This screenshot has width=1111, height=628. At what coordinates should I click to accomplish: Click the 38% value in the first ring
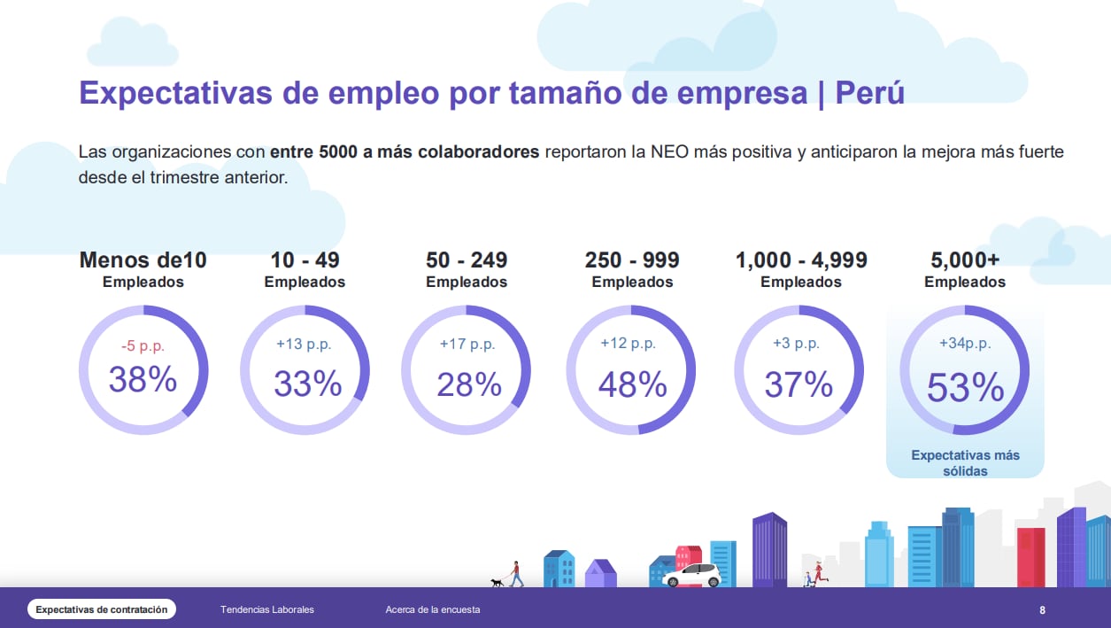(143, 380)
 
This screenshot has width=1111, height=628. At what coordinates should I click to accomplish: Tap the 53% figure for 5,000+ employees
(965, 388)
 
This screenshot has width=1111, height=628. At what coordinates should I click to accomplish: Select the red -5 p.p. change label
(143, 345)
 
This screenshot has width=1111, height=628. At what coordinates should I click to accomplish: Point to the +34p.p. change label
(965, 344)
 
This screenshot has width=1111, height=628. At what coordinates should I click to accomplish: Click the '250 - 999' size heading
(632, 260)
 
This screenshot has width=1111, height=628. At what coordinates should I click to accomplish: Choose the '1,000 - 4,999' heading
(801, 260)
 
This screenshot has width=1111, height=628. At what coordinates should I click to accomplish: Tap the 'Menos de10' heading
(143, 260)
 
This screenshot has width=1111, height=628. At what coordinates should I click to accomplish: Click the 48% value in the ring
(632, 384)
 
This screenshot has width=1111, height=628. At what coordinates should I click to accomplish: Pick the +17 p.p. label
(467, 344)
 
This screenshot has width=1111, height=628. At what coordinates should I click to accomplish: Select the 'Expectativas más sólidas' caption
(965, 463)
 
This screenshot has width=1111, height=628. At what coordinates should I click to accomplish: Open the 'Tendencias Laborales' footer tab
(267, 609)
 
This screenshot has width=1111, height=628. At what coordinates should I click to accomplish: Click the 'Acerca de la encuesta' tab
(433, 609)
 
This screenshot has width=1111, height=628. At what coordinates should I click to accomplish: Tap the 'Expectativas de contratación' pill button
(102, 609)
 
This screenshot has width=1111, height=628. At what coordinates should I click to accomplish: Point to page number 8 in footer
(1042, 610)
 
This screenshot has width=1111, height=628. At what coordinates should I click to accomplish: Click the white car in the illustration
(692, 576)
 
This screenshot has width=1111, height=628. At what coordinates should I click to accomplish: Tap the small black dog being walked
(497, 583)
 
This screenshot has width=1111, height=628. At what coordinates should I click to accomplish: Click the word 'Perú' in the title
(869, 93)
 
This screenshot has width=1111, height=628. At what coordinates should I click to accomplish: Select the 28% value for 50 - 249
(469, 384)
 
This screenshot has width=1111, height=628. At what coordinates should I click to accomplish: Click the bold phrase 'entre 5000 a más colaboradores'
(405, 151)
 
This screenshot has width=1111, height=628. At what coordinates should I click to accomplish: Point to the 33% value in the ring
(307, 384)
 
